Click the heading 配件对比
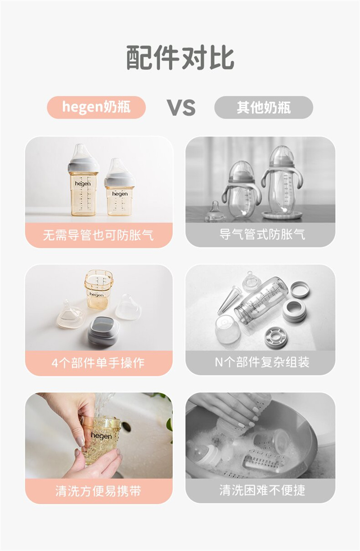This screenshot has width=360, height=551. pyautogui.click(x=180, y=57)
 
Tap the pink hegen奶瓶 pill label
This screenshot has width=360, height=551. pyautogui.click(x=96, y=107)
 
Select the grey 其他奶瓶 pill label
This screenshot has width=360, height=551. pyautogui.click(x=264, y=107)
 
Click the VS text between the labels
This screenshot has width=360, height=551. pyautogui.click(x=181, y=108)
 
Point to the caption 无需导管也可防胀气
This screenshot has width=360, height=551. pyautogui.click(x=99, y=235)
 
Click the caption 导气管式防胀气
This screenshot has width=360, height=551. pyautogui.click(x=262, y=234)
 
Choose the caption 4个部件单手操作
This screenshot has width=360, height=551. pyautogui.click(x=98, y=363)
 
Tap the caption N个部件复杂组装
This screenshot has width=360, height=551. pyautogui.click(x=262, y=362)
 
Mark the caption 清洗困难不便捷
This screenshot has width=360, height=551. pyautogui.click(x=262, y=490)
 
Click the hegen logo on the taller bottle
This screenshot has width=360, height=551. pyautogui.click(x=83, y=184)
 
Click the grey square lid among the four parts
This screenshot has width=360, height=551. pyautogui.click(x=103, y=330)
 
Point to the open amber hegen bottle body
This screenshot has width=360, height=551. pyautogui.click(x=99, y=289)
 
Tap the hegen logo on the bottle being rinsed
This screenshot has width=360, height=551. pyautogui.click(x=101, y=436)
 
